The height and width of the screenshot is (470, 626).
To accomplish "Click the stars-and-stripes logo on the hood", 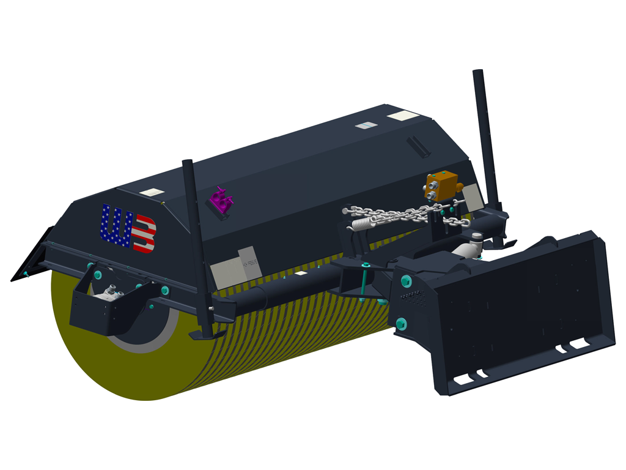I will [x=128, y=228].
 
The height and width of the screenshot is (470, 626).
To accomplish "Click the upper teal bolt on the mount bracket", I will [x=405, y=280].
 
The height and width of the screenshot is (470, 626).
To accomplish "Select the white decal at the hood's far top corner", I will [x=404, y=116].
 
